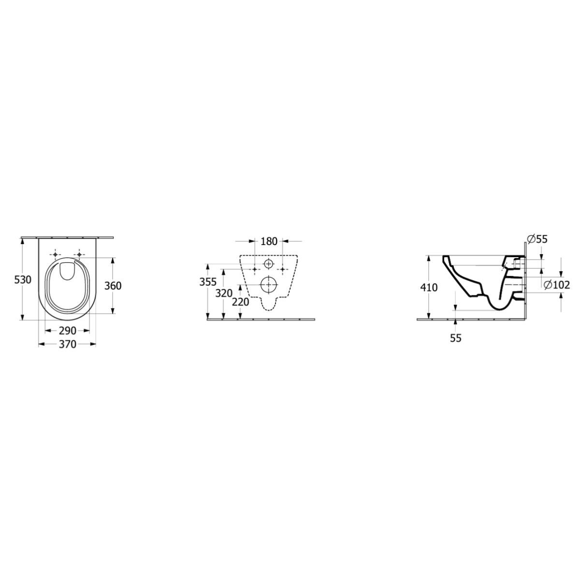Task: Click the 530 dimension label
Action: point(23,280)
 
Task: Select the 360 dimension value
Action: point(113,286)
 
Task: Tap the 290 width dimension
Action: point(67,331)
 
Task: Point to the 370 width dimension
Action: point(67,344)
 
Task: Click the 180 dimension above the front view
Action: point(268,241)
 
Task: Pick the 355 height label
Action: point(208,282)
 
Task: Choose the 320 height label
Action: point(224,293)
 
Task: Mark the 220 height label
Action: point(241,302)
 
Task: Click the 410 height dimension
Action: point(429,288)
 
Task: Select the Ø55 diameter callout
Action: point(537,239)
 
